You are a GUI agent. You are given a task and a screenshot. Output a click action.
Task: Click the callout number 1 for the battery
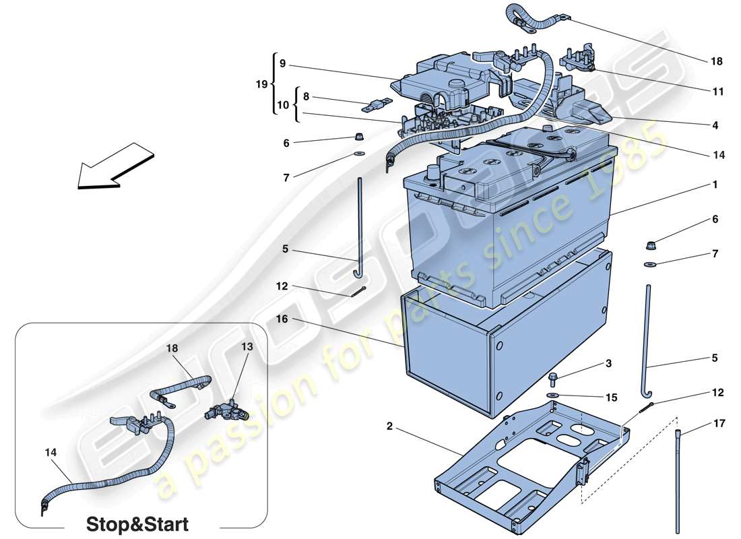pyautogui.click(x=715, y=184)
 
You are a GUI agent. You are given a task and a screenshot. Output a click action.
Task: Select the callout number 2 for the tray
pyautogui.click(x=389, y=426)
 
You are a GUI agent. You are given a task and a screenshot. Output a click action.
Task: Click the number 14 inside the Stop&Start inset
pyautogui.click(x=51, y=454)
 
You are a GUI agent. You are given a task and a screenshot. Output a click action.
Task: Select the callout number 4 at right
pyautogui.click(x=715, y=125)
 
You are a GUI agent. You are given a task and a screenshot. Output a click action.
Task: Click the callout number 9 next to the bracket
pyautogui.click(x=282, y=64)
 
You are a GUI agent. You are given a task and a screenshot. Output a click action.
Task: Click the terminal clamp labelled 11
pyautogui.click(x=575, y=59)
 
